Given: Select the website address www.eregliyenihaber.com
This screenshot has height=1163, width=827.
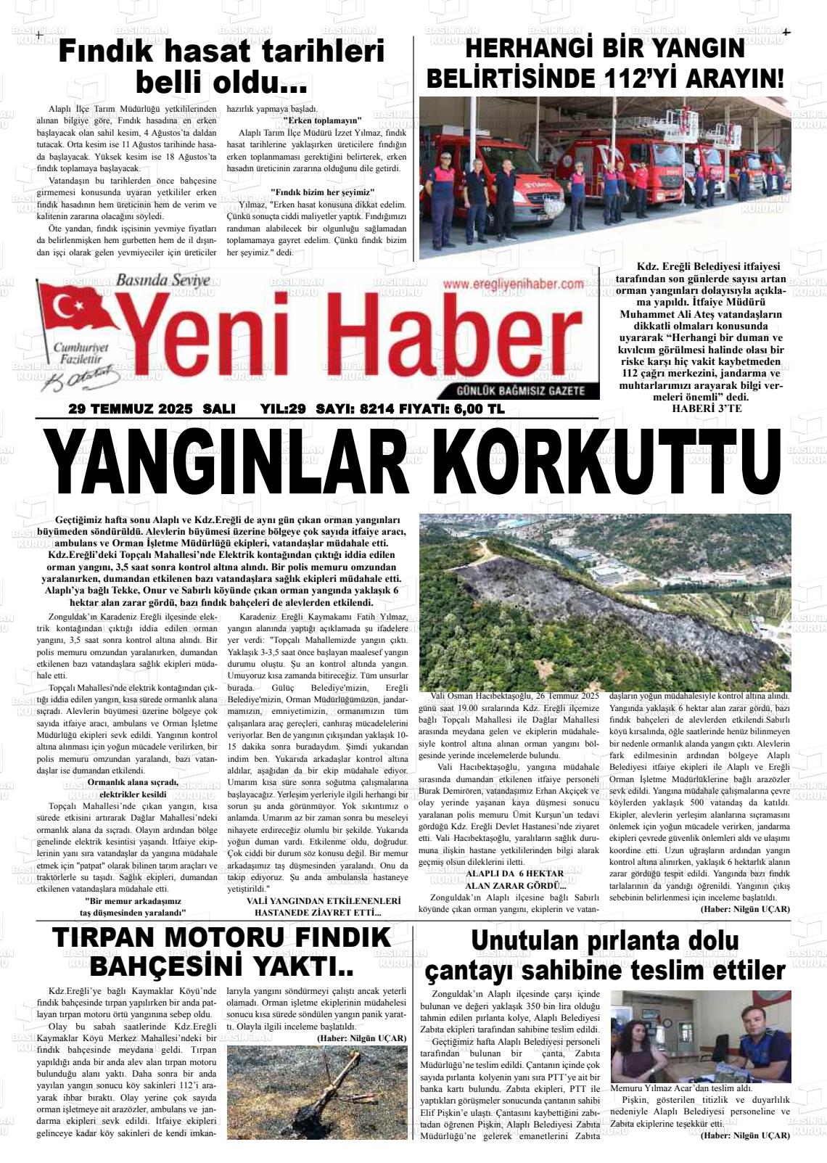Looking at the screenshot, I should [x=513, y=285].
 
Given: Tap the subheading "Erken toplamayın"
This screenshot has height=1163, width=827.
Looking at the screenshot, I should [x=322, y=120].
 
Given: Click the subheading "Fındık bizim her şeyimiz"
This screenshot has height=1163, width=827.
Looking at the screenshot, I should [x=322, y=192].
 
